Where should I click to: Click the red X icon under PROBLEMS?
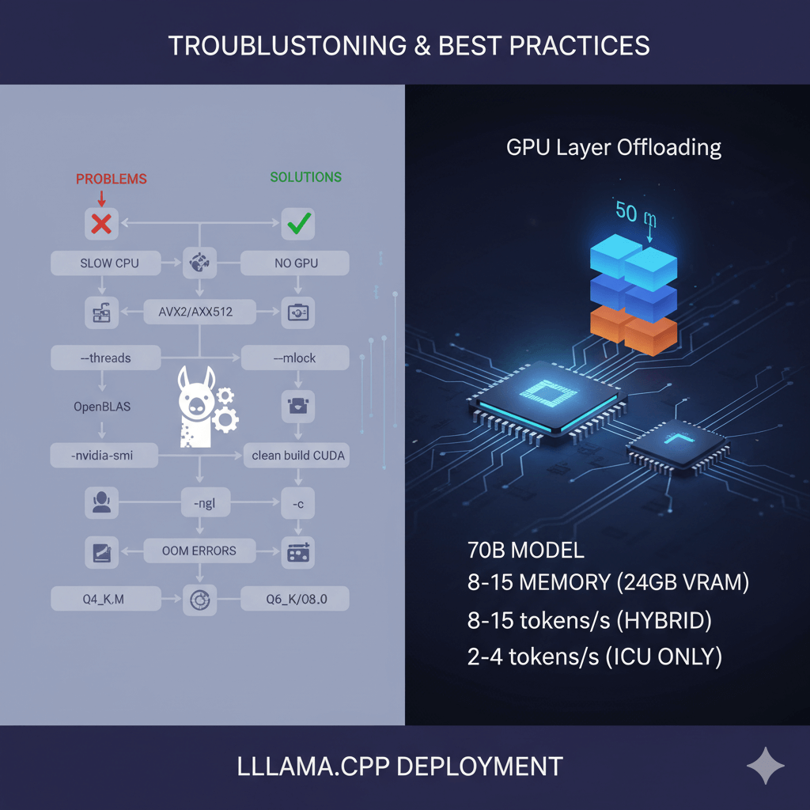point(101,225)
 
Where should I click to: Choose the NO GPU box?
point(297,263)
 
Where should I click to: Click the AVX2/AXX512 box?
point(201,312)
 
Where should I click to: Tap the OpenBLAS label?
point(102,407)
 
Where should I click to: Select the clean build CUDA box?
point(298,455)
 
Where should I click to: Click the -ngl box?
point(200,502)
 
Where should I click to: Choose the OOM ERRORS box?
point(200,551)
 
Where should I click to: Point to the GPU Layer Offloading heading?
point(614,148)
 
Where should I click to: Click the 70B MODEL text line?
point(526,551)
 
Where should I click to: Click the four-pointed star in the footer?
point(765,766)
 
